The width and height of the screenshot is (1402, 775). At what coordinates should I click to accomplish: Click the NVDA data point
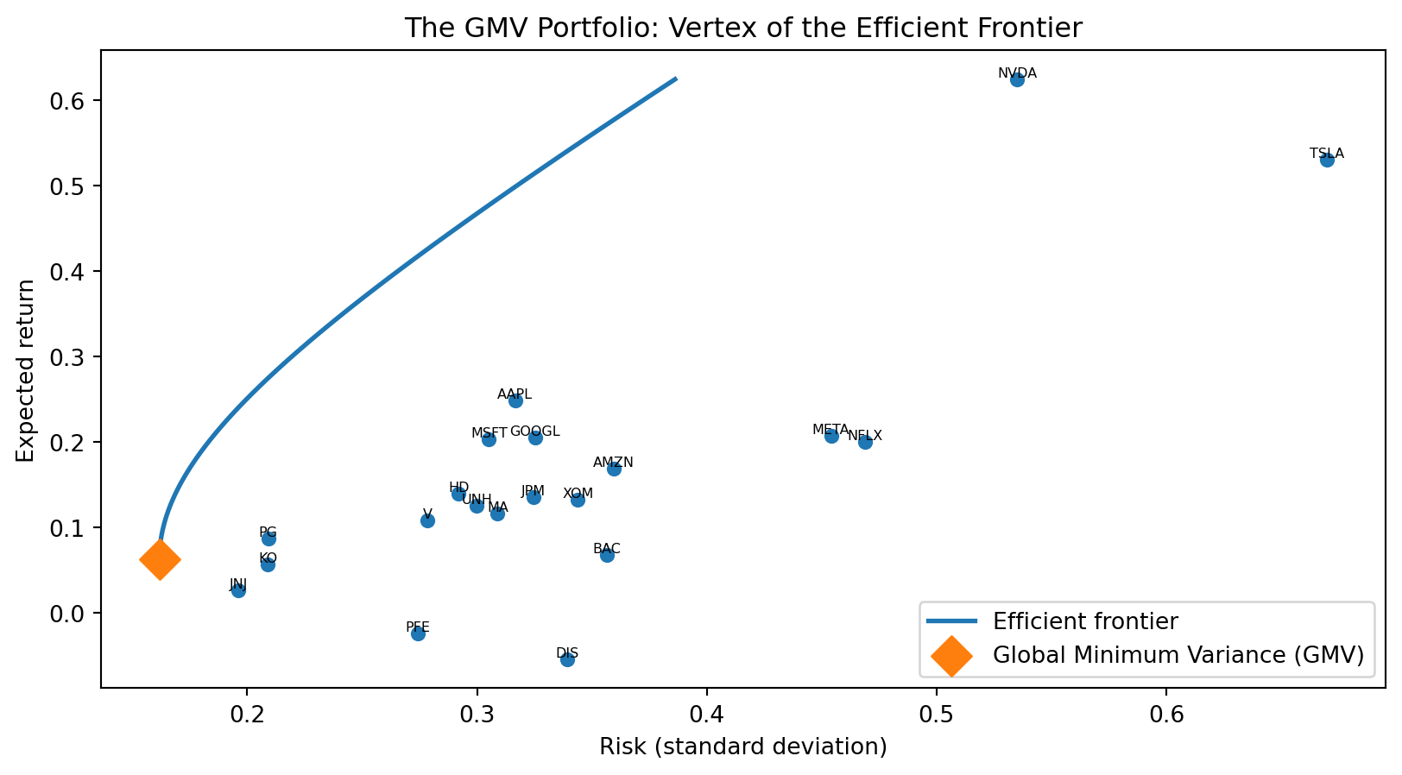tap(1017, 80)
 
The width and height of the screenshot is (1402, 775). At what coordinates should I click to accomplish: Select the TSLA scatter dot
tap(1327, 160)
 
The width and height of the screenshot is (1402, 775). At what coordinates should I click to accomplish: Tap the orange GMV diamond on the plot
tap(160, 559)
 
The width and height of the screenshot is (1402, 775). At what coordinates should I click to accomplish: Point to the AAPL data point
tap(515, 400)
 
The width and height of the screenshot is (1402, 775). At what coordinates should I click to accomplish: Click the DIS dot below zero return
tap(567, 659)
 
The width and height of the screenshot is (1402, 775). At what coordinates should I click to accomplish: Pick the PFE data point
tap(418, 633)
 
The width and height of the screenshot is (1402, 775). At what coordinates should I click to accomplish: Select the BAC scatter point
tap(607, 555)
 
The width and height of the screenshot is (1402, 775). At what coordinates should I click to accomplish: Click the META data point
tap(831, 436)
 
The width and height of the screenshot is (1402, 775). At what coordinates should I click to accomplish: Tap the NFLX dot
tap(865, 442)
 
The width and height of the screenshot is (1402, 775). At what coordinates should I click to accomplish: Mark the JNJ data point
tap(238, 590)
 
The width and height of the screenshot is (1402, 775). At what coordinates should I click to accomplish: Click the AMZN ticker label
tap(613, 463)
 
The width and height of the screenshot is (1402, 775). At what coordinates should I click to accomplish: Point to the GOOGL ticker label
tap(534, 432)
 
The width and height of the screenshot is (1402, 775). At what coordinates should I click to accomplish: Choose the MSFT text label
tap(489, 432)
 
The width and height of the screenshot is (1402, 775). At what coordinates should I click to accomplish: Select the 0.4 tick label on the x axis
tap(706, 715)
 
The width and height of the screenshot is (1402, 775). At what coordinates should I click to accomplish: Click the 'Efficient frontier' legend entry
tap(1085, 621)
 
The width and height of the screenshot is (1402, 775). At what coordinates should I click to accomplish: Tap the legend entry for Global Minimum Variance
tap(1178, 655)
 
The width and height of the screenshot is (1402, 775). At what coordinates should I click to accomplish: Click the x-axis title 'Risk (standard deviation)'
tap(743, 747)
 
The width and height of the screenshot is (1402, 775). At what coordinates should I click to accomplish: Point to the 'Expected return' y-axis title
tap(26, 370)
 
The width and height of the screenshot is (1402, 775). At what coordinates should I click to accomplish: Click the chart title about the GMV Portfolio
tap(743, 28)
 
